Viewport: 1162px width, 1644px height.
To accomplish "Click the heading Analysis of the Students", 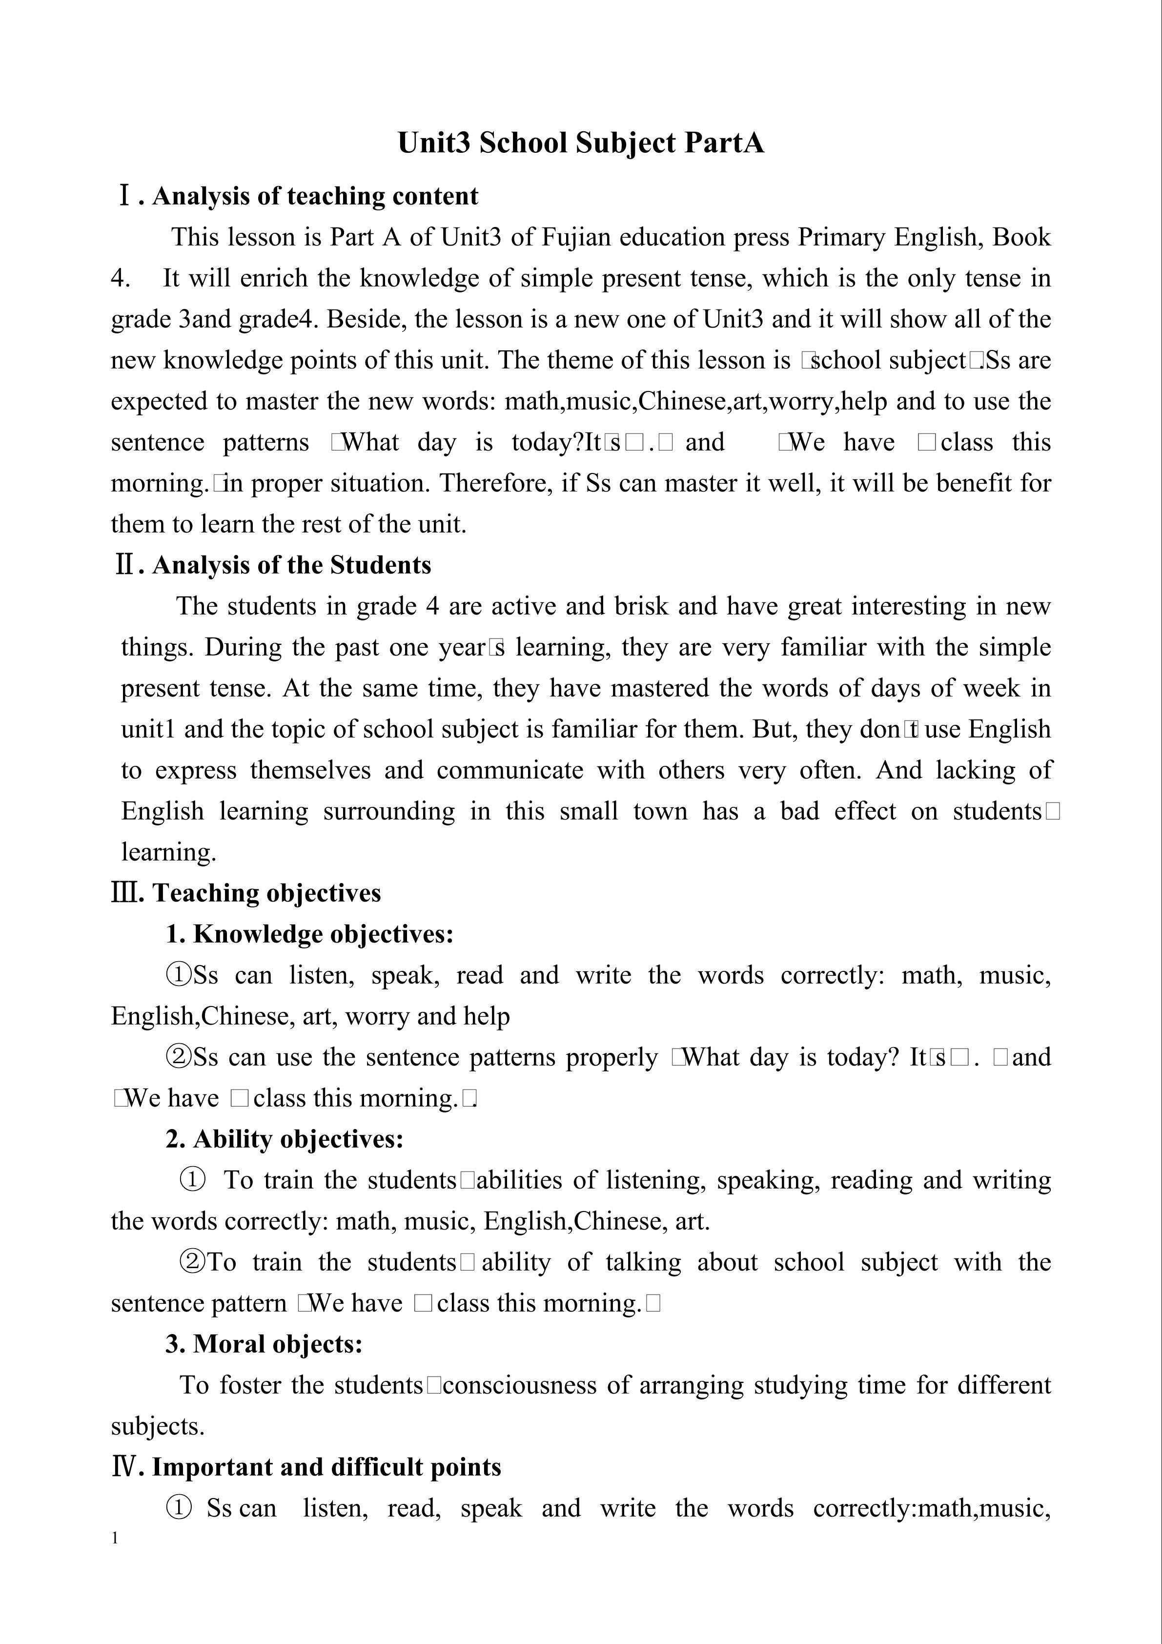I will click(291, 565).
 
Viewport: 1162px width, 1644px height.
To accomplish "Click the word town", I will click(660, 811).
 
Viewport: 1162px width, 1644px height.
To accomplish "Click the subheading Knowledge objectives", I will click(322, 934).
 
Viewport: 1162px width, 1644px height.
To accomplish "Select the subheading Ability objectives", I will click(297, 1138).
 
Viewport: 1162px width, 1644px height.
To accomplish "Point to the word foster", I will click(250, 1385).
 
